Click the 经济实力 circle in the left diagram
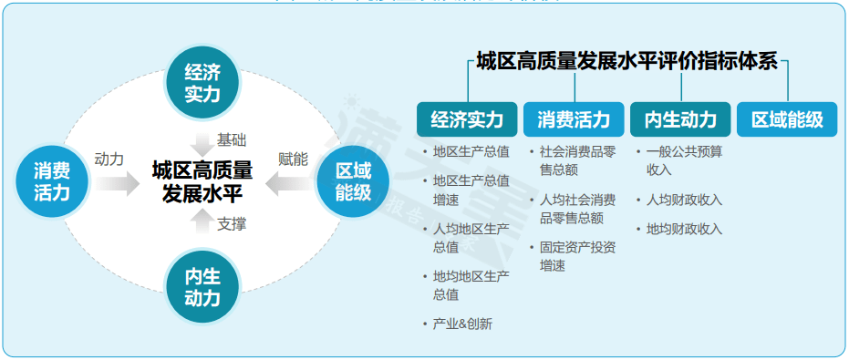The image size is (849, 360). click(202, 82)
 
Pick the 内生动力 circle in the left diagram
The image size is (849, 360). click(202, 286)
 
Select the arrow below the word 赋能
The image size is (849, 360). click(291, 184)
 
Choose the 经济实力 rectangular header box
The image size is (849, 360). click(467, 119)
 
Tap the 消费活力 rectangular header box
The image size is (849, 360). click(574, 119)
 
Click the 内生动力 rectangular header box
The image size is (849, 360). click(680, 119)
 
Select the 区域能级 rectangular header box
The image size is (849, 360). click(787, 119)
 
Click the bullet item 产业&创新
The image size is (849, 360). click(462, 324)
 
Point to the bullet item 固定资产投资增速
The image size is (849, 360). click(577, 256)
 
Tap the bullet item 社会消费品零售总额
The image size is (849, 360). click(577, 160)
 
